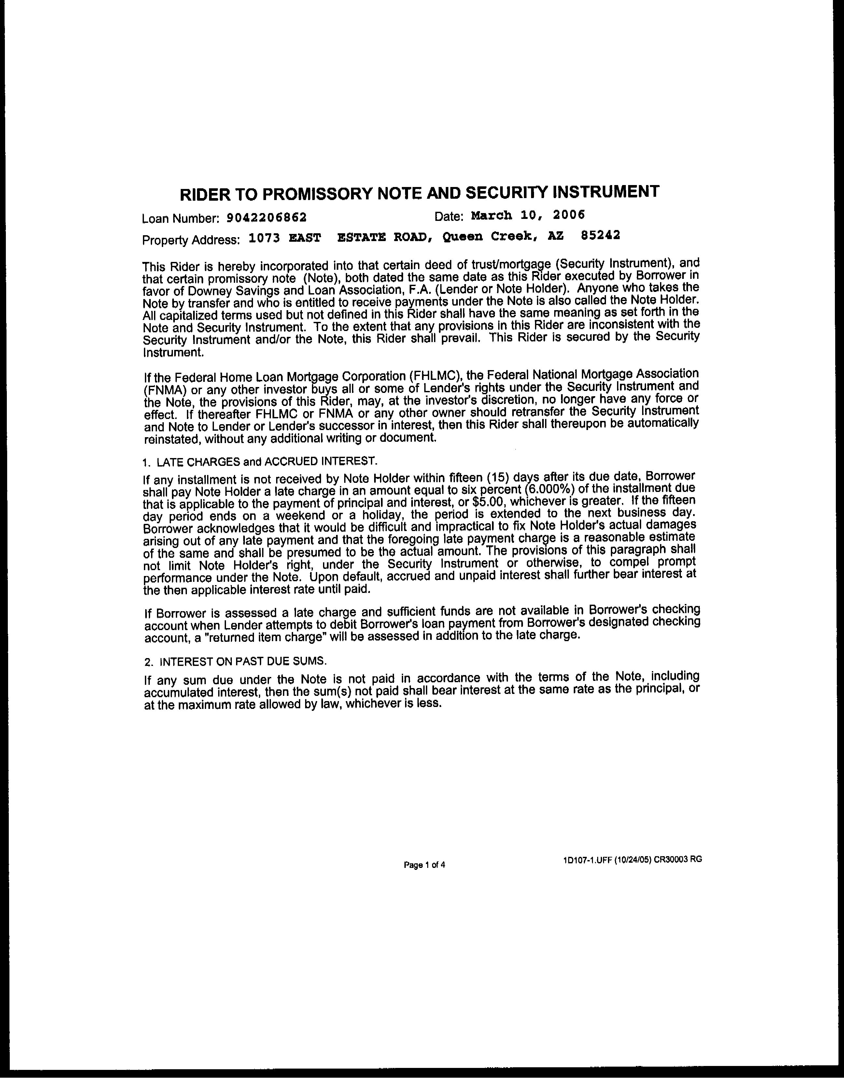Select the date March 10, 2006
pyautogui.click(x=528, y=215)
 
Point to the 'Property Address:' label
pyautogui.click(x=191, y=240)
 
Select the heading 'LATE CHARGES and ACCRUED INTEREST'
pyautogui.click(x=267, y=461)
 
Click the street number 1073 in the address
pyautogui.click(x=264, y=238)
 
